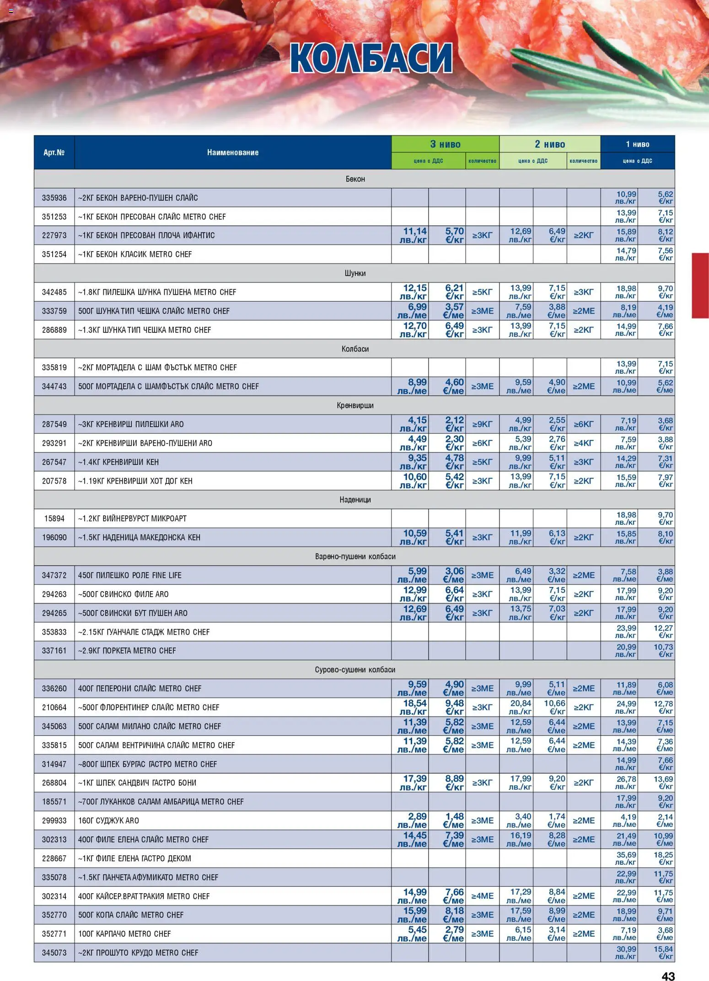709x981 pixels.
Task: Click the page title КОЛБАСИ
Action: pyautogui.click(x=371, y=59)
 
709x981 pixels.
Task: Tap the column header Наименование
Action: pyautogui.click(x=232, y=153)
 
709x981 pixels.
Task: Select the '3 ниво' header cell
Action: pyautogui.click(x=445, y=145)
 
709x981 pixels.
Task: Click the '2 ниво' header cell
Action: pyautogui.click(x=549, y=145)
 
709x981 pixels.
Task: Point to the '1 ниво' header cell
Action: pyautogui.click(x=637, y=145)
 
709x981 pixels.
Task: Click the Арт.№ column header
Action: pyautogui.click(x=54, y=153)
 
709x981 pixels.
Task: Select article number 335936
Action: pyautogui.click(x=54, y=198)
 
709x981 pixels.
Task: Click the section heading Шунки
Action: pyautogui.click(x=355, y=273)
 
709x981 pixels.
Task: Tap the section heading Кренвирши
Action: pyautogui.click(x=355, y=405)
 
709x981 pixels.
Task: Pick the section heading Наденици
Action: pyautogui.click(x=355, y=500)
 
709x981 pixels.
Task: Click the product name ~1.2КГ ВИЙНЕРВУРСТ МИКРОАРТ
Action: pyautogui.click(x=132, y=519)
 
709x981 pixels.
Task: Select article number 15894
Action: pyautogui.click(x=54, y=519)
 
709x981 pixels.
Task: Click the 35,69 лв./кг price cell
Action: pyautogui.click(x=625, y=858)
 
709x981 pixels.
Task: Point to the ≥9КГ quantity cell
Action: pyautogui.click(x=482, y=425)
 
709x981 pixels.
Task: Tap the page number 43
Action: pyautogui.click(x=668, y=976)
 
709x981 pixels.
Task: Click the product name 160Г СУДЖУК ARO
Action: pyautogui.click(x=108, y=821)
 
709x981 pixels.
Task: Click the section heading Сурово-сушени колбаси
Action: pyautogui.click(x=355, y=670)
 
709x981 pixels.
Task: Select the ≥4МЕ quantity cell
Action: pyautogui.click(x=482, y=896)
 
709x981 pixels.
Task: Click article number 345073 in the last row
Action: pyautogui.click(x=54, y=953)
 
